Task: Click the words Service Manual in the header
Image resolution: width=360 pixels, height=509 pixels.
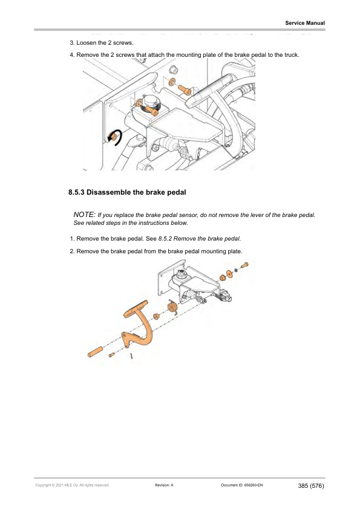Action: (305, 23)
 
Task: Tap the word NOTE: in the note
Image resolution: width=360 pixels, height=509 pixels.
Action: (83, 215)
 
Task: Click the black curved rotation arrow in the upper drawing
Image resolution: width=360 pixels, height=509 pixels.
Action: (114, 138)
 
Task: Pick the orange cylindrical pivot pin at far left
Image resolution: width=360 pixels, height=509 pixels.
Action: (97, 351)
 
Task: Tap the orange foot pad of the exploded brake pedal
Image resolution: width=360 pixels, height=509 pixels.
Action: (136, 310)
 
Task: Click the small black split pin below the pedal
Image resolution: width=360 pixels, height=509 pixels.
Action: (132, 356)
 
